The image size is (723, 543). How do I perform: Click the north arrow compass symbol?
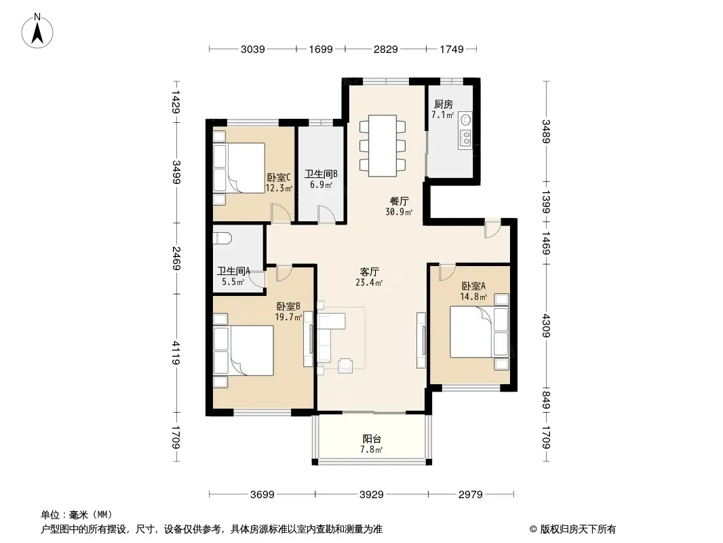point(37,31)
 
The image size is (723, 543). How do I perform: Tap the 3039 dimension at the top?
point(253,49)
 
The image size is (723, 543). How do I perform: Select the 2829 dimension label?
point(385,49)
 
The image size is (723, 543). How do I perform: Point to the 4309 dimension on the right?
point(547,326)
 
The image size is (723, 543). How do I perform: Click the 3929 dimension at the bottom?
point(372,495)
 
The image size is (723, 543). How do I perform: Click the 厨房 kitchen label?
point(443,105)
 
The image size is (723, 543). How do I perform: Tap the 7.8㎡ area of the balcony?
point(372,449)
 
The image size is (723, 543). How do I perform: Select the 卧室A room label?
point(473,286)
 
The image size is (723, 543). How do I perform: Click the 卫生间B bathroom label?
point(321,174)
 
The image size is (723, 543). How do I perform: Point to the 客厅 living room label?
point(370,271)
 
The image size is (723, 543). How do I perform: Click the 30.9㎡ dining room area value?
point(399,212)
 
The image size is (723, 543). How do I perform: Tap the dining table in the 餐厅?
point(383,146)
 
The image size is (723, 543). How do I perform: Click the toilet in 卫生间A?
point(222,238)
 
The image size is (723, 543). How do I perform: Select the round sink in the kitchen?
point(466,120)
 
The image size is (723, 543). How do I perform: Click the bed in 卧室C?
point(239,168)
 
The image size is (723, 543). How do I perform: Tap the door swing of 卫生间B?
point(326,214)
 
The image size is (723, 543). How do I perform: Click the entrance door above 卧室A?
point(492,228)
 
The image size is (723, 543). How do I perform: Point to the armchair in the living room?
point(345,366)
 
